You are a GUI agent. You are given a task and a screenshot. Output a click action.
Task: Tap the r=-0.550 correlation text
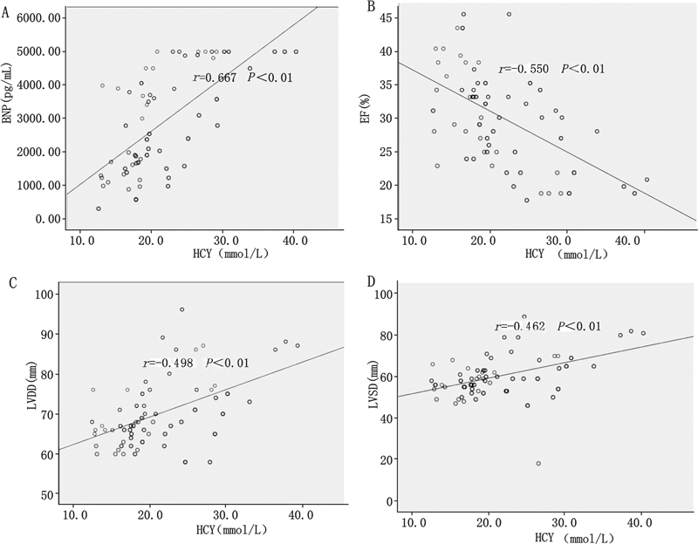click(521, 69)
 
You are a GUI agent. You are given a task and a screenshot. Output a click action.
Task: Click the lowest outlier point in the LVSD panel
click(538, 464)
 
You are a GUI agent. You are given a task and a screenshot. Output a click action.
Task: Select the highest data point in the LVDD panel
click(182, 309)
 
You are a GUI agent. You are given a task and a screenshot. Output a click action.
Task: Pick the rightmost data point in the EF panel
click(647, 180)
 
